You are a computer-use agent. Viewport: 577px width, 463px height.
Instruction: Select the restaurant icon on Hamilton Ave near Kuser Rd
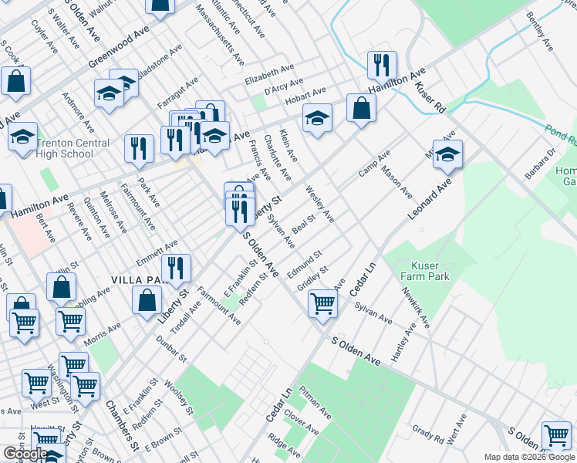[381, 66]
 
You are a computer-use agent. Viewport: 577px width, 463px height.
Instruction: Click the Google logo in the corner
[25, 454]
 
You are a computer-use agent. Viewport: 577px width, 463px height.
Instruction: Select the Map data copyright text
[529, 457]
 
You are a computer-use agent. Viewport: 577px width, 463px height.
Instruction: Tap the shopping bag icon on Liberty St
[147, 300]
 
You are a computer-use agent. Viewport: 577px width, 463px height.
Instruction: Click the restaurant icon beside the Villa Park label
[176, 269]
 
